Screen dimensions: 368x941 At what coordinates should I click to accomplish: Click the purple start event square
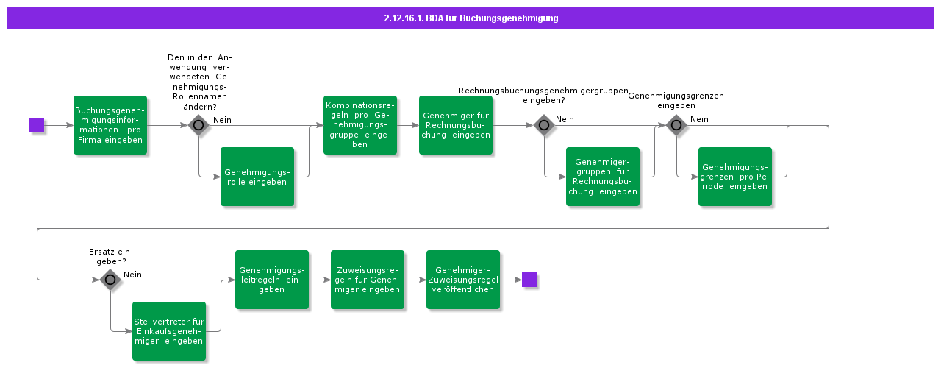[x=37, y=125]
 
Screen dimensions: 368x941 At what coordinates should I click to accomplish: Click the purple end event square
[x=529, y=280]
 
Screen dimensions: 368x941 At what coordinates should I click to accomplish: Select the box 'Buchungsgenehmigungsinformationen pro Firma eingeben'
[x=110, y=125]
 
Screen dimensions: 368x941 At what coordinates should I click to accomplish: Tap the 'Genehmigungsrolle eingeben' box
[x=257, y=177]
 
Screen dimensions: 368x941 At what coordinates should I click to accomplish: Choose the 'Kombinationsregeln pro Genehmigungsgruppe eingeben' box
[x=360, y=125]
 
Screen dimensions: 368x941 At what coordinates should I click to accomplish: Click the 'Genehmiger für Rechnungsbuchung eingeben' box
[x=456, y=125]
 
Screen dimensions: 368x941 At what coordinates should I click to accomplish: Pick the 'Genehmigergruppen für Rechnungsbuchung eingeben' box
[x=603, y=177]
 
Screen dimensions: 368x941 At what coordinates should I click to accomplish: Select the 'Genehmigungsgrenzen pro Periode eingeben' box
[x=735, y=177]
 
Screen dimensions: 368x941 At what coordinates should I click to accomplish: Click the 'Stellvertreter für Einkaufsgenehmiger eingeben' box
[x=169, y=331]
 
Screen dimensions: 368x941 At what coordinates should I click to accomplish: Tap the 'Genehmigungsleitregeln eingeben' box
[x=272, y=280]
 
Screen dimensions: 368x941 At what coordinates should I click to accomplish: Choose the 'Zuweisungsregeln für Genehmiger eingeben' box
[x=368, y=280]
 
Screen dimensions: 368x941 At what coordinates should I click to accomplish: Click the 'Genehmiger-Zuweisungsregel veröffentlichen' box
[x=463, y=280]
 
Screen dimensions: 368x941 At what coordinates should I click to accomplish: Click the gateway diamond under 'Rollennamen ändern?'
[x=198, y=125]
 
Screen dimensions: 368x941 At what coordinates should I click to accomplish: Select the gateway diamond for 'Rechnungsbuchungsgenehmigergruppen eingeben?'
[x=544, y=125]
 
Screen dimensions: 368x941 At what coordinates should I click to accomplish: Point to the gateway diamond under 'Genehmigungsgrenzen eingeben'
[x=676, y=125]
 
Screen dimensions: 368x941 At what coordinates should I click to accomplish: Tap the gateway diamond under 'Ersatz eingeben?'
[x=110, y=280]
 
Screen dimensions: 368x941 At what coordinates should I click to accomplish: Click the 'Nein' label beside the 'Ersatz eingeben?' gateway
[x=132, y=275]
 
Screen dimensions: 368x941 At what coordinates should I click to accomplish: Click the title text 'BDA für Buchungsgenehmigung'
[x=470, y=18]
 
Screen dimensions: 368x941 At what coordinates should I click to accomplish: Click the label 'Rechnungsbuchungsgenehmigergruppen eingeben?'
[x=543, y=95]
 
